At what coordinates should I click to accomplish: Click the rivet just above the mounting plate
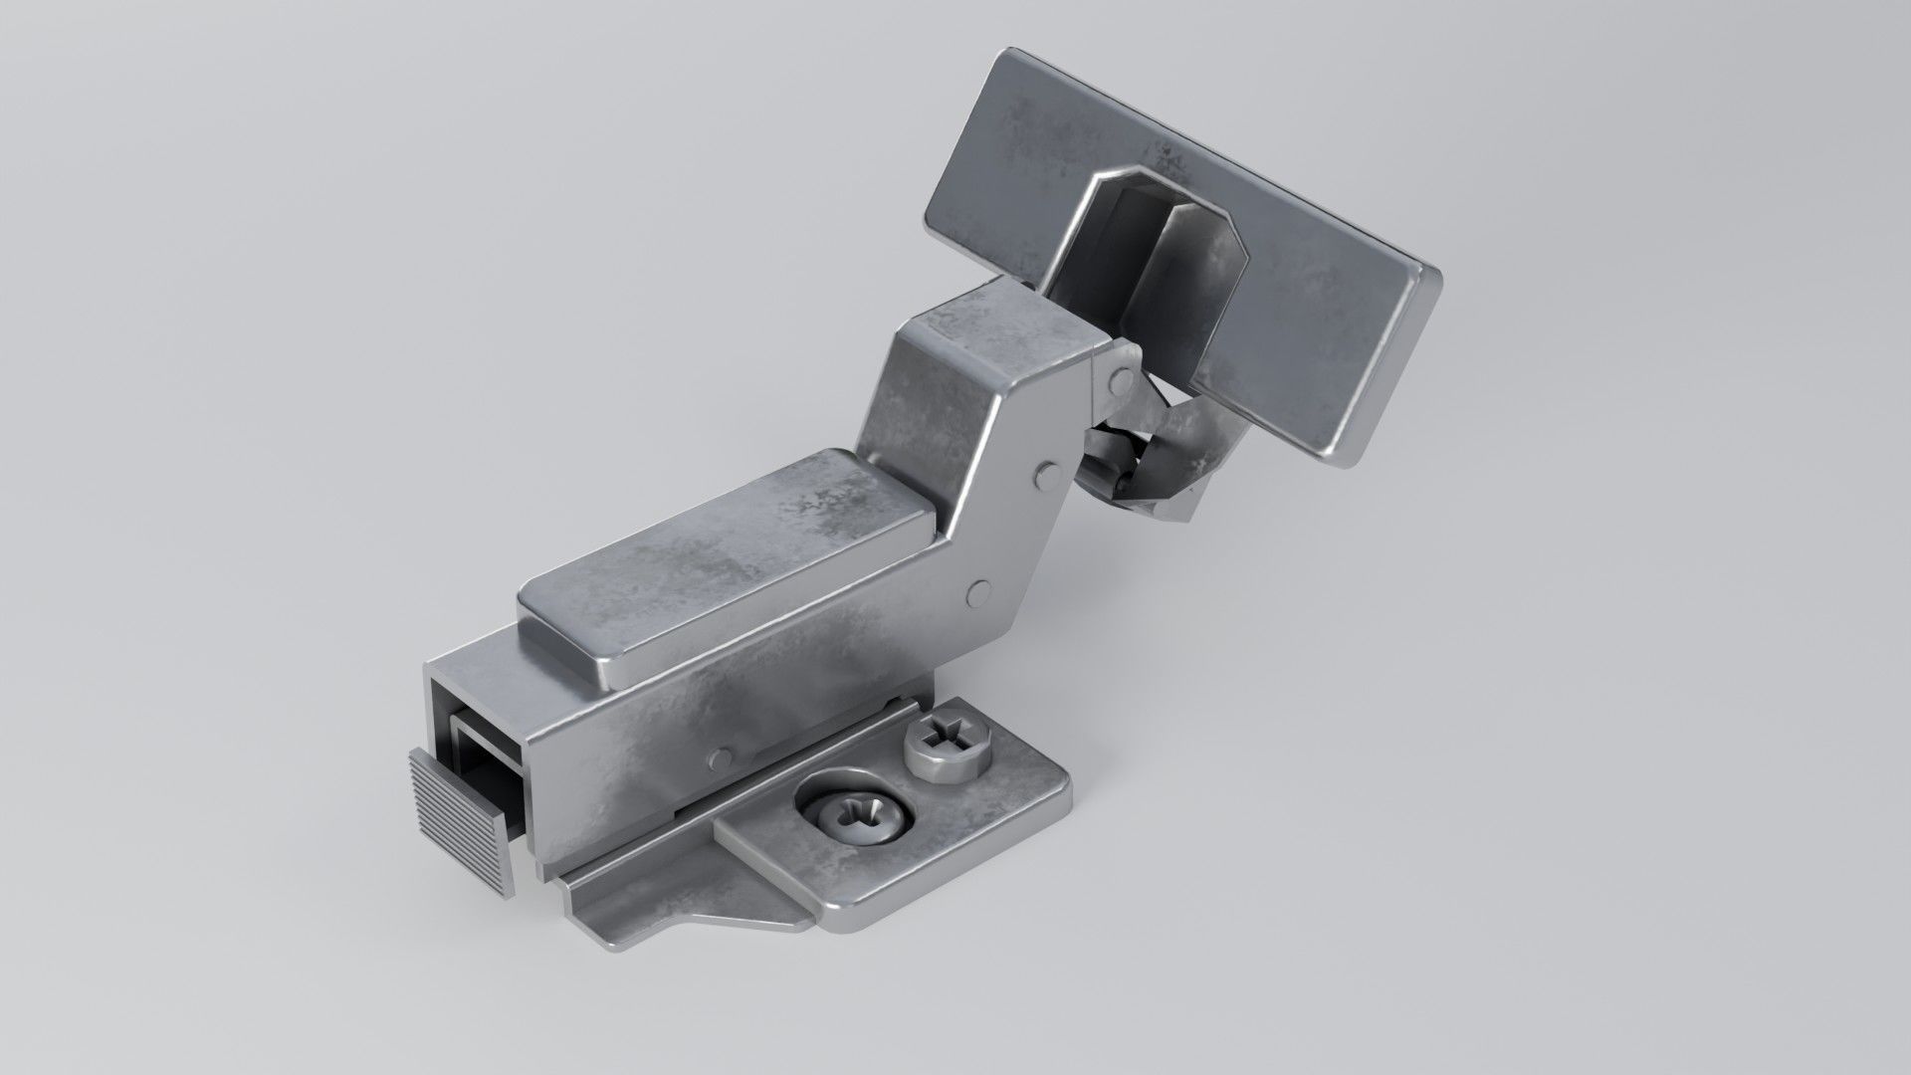click(x=721, y=759)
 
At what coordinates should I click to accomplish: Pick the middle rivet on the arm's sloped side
click(x=1048, y=475)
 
